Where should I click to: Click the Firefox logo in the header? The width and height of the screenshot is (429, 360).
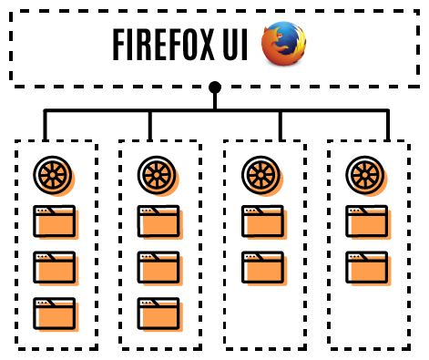tap(283, 45)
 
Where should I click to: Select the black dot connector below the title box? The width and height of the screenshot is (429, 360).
tap(215, 88)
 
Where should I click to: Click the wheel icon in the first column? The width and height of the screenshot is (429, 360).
tap(54, 174)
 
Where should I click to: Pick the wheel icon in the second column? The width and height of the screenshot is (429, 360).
tap(158, 174)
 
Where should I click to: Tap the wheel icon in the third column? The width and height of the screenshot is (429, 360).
tap(261, 174)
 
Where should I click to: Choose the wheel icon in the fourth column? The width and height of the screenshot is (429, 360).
tap(366, 174)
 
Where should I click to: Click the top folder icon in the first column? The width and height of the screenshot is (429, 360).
tap(55, 221)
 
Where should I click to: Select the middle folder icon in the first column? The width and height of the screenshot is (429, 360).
tap(55, 268)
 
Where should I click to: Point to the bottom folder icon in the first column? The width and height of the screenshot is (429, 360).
tap(55, 314)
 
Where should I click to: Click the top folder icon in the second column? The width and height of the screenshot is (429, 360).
tap(158, 221)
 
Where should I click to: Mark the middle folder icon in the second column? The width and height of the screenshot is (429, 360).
tap(158, 268)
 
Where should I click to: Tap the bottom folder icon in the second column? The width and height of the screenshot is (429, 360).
tap(158, 314)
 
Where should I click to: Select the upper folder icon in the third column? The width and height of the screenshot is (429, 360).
tap(262, 221)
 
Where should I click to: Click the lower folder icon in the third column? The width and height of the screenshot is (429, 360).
tap(262, 268)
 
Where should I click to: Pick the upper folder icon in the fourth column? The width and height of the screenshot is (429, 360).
tap(367, 221)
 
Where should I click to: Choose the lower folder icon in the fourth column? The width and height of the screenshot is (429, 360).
tap(367, 268)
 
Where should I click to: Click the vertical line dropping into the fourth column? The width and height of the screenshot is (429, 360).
tap(387, 126)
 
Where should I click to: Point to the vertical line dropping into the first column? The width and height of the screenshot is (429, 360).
tap(44, 126)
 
